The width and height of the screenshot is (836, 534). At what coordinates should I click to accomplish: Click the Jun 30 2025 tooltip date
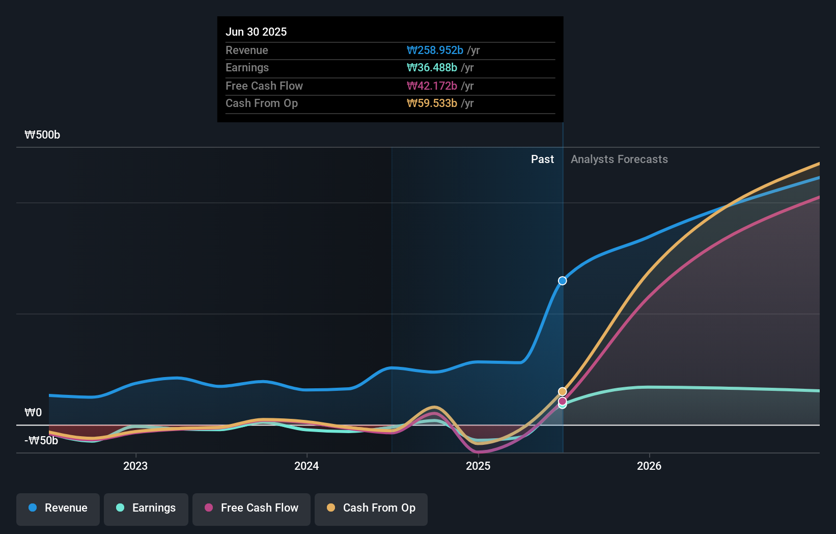click(x=256, y=32)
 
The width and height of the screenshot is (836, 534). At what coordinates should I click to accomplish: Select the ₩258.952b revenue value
click(x=435, y=50)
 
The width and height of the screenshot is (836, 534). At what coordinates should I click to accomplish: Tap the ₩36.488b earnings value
click(x=432, y=67)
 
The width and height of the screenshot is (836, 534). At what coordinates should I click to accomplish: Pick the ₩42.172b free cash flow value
click(x=432, y=86)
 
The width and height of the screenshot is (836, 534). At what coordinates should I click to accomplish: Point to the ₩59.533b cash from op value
click(x=432, y=103)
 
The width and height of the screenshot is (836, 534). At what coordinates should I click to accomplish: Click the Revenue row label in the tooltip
click(x=246, y=50)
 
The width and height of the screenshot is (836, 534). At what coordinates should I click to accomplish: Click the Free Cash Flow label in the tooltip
click(x=264, y=86)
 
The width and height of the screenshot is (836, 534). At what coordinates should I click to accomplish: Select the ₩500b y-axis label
click(x=42, y=135)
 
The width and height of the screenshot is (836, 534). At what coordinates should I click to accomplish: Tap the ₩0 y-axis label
click(x=33, y=412)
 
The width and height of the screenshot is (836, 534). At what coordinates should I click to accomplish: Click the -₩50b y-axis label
click(x=41, y=440)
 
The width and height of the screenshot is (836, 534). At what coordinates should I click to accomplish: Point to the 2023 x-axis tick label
click(x=135, y=466)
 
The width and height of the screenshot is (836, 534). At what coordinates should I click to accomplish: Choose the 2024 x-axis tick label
click(x=306, y=466)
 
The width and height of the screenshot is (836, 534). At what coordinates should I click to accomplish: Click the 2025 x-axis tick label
click(x=478, y=466)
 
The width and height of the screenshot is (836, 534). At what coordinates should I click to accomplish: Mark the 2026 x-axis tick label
click(x=649, y=466)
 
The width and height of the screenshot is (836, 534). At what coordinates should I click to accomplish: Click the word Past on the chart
click(x=542, y=159)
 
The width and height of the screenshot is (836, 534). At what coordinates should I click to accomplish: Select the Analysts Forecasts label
click(x=619, y=159)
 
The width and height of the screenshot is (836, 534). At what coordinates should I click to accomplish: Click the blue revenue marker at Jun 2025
click(x=563, y=281)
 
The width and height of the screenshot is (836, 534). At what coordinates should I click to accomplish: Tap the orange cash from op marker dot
click(x=563, y=391)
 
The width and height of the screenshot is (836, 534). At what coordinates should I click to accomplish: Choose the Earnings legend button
click(x=146, y=508)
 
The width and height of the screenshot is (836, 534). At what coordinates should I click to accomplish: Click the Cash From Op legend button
click(x=371, y=508)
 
